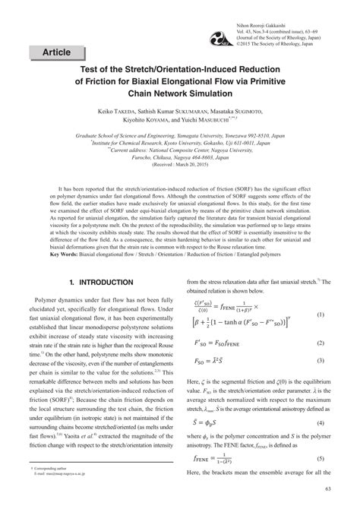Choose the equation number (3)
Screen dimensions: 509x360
pos(321,362)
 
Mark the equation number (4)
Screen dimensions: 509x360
pos(321,422)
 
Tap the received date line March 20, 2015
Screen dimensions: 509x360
pos(179,163)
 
